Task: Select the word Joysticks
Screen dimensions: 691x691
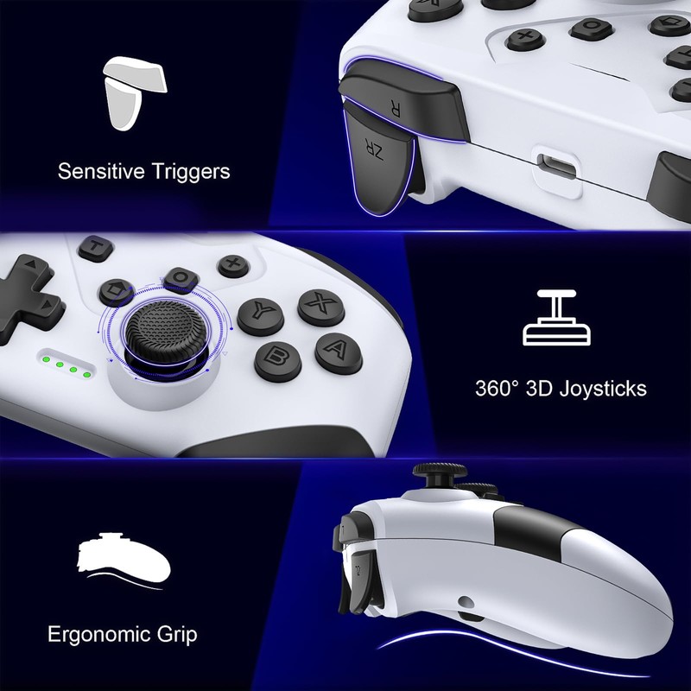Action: click(604, 388)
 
